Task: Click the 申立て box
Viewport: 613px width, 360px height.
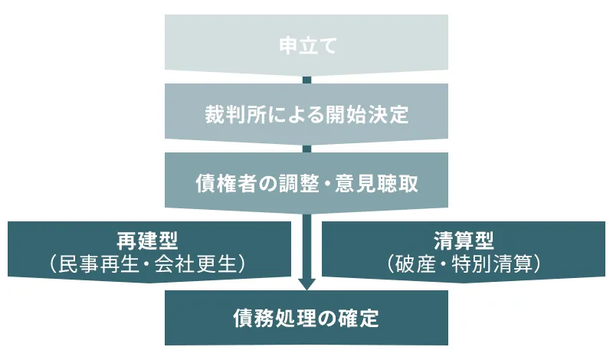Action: [x=306, y=45]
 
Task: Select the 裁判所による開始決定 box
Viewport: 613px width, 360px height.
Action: [x=306, y=116]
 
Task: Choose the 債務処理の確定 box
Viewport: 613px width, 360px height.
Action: [x=306, y=318]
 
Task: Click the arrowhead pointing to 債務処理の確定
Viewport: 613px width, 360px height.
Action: [x=306, y=283]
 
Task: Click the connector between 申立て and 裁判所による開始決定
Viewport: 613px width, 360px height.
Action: [x=306, y=80]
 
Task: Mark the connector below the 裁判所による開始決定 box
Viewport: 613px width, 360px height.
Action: [x=306, y=148]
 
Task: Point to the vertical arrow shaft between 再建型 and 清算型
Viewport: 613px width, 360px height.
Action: [x=306, y=245]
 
